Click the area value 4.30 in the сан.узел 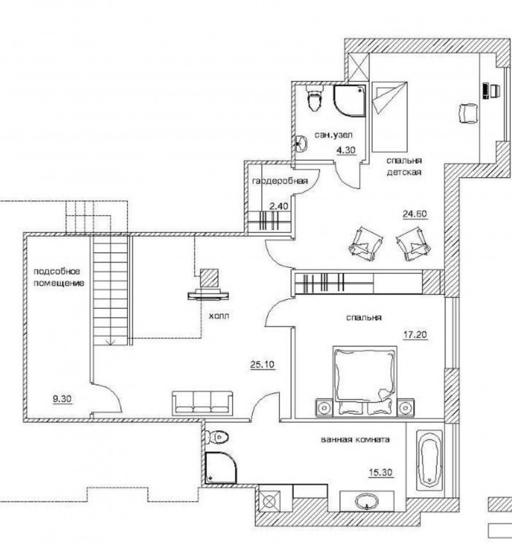[346, 150]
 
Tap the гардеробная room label [280, 181]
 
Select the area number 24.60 [415, 214]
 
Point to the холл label [219, 316]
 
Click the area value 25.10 [263, 365]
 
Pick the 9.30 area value [62, 398]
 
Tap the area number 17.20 [415, 334]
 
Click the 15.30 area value [381, 473]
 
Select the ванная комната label [355, 439]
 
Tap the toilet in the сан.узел [315, 97]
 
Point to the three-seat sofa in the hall [202, 403]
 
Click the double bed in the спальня [364, 381]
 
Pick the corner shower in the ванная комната [221, 468]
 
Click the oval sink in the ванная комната [367, 502]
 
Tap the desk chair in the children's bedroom [468, 113]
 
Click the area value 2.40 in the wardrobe [279, 206]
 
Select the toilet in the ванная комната [217, 437]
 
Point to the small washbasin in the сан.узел [301, 144]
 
